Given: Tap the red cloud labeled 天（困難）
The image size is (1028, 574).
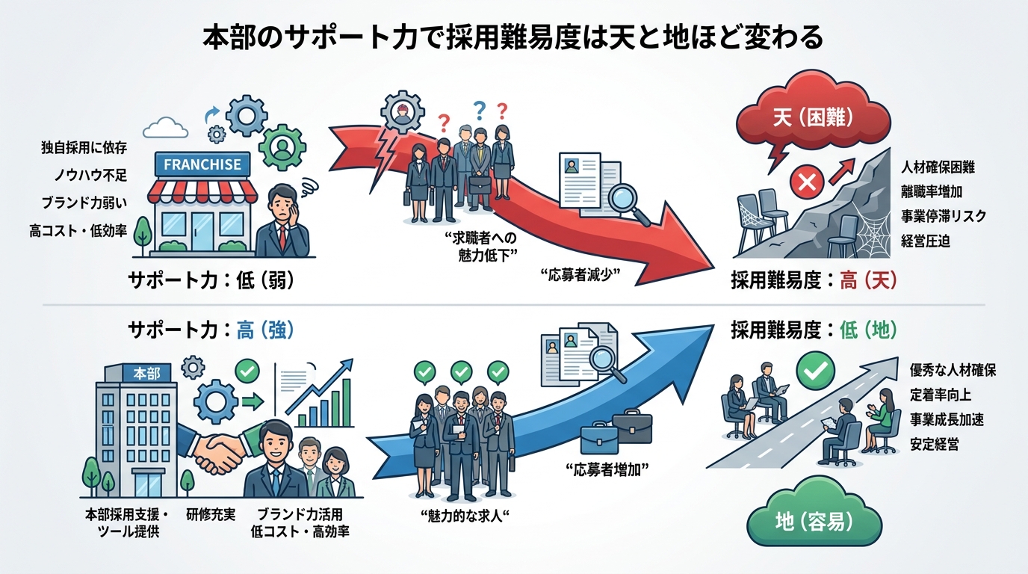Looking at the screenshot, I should (813, 117).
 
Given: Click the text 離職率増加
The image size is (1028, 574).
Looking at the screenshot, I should (937, 191).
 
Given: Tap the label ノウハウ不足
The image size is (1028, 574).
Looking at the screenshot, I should (90, 176).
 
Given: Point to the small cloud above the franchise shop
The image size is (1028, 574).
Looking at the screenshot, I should (164, 129).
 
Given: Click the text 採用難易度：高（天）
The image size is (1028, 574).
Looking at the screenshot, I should (814, 281).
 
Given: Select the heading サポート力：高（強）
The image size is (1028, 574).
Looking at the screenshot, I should (210, 330).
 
